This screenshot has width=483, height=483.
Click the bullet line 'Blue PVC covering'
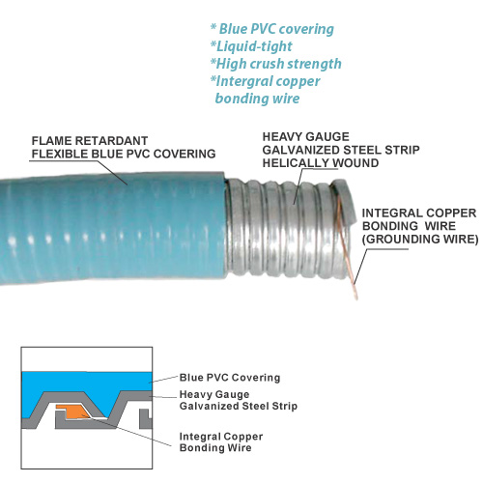coord(272,29)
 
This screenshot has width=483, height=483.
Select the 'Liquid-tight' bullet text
coord(251,46)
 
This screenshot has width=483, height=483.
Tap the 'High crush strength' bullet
coord(276,64)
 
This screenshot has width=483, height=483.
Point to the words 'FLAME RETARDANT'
coord(90,141)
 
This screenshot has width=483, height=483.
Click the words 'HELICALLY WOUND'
coord(321,163)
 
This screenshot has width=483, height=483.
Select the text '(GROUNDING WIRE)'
coord(420,240)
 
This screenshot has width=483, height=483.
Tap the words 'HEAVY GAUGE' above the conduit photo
coord(306,137)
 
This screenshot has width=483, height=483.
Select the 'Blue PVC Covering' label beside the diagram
coord(230,378)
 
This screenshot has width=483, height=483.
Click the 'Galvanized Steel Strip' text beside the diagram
coord(239,406)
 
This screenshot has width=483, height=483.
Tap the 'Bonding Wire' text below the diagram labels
coord(215,447)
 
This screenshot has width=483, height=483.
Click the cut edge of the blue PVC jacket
coord(226,225)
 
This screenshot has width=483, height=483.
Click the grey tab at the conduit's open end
coord(345,201)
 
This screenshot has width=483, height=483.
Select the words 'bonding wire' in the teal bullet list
coord(257,99)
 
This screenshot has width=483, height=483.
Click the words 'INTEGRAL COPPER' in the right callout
coord(419,213)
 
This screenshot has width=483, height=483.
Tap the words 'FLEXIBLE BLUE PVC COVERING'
coord(124,154)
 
